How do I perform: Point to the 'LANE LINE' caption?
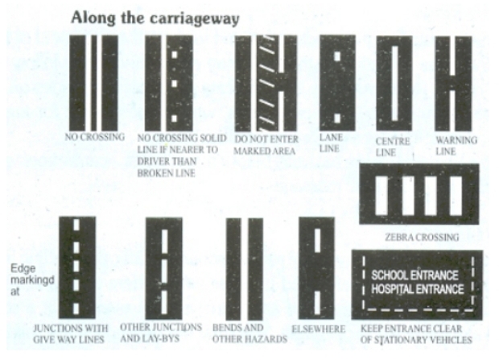click(x=331, y=143)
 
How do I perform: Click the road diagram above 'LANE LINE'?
click(x=337, y=81)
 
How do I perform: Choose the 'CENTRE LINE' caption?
click(x=393, y=147)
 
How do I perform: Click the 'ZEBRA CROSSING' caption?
click(x=423, y=238)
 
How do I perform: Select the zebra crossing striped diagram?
click(x=419, y=194)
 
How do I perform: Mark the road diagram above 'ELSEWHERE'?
click(x=316, y=267)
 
